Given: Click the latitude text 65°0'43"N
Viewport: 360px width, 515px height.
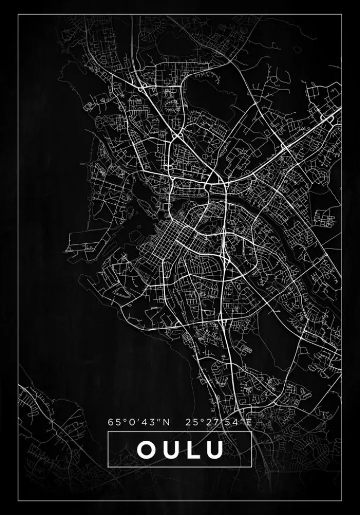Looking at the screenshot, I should click(x=139, y=422).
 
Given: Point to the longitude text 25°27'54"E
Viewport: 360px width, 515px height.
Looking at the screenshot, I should click(x=219, y=422).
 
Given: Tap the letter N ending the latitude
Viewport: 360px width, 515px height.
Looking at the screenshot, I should click(x=167, y=422).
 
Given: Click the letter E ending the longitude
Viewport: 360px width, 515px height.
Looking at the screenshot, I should click(x=249, y=422).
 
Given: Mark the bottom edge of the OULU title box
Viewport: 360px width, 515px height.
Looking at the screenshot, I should click(x=180, y=467).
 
